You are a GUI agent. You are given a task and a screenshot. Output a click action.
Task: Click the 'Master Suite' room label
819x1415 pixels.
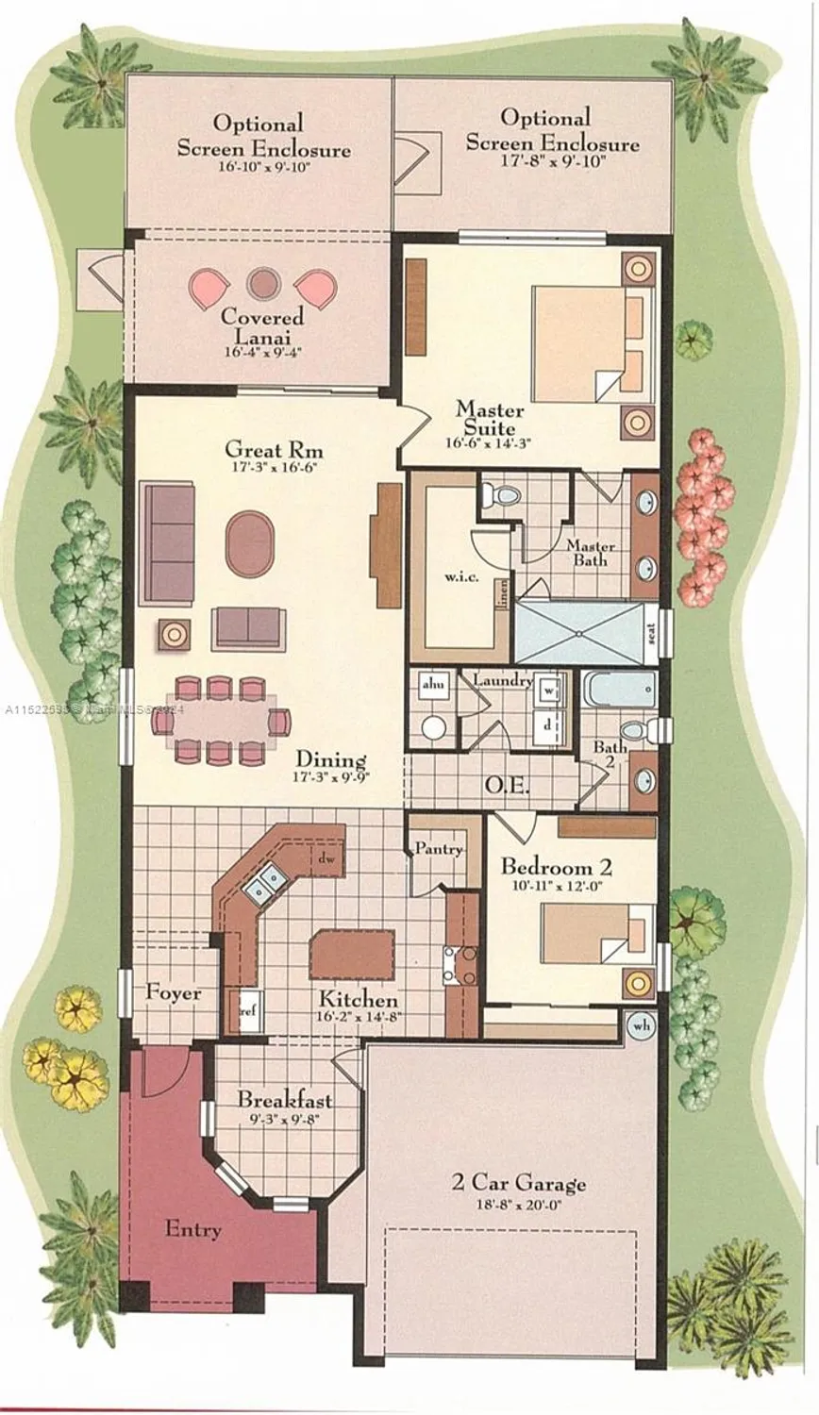click(x=489, y=419)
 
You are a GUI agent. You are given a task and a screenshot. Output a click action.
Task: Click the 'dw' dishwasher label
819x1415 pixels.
click(x=326, y=859)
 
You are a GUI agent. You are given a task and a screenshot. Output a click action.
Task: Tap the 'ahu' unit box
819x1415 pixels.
click(x=433, y=684)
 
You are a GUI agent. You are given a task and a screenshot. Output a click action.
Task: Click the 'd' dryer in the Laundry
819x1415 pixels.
click(x=549, y=724)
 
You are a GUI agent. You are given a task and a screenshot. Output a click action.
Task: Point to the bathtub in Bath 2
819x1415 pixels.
click(x=617, y=690)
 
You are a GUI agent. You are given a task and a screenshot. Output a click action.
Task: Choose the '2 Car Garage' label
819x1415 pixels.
click(x=518, y=1182)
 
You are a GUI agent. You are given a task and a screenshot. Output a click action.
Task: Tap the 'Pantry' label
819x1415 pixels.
click(x=439, y=849)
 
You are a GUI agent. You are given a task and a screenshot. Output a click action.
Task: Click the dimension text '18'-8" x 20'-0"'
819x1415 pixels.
click(x=518, y=1205)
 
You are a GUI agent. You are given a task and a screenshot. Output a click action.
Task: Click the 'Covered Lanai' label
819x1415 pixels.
click(x=262, y=326)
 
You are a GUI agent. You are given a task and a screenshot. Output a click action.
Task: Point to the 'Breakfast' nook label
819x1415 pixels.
click(x=284, y=1099)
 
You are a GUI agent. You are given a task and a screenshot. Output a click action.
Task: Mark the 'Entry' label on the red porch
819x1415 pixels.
click(x=193, y=1229)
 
